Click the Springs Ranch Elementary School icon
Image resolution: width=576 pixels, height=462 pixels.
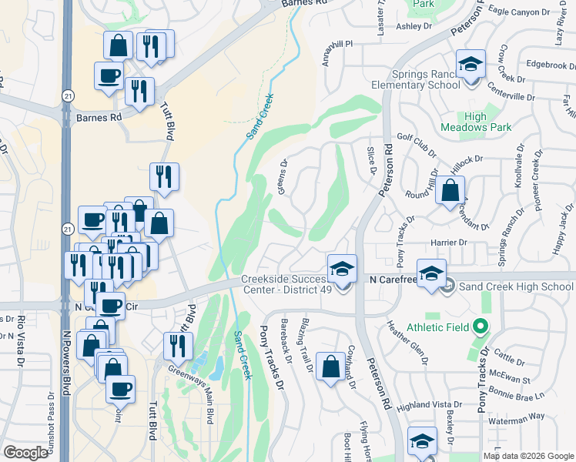point(470,64)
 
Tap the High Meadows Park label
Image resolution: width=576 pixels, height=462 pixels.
point(464,122)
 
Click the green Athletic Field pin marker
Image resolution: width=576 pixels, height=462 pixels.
point(481,326)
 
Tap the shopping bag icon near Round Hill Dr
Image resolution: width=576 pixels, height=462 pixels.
point(450,189)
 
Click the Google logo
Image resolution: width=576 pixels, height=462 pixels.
point(25,453)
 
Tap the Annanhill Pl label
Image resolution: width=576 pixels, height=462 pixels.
point(337,54)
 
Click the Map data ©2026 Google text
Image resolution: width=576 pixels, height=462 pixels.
point(528,456)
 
